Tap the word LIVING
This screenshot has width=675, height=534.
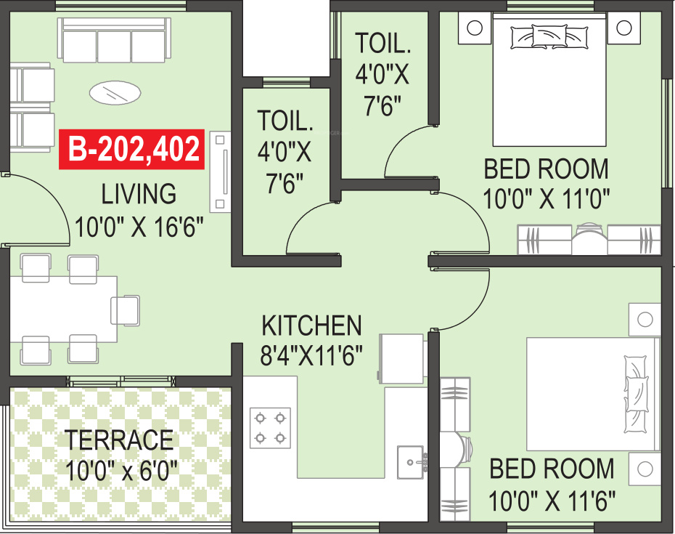coord(139,194)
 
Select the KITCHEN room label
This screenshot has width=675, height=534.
coord(311,325)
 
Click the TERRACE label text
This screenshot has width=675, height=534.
coord(120,440)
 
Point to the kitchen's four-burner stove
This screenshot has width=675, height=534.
coord(270,428)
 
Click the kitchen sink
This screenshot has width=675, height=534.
coord(411,460)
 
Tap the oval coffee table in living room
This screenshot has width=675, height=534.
coord(115,92)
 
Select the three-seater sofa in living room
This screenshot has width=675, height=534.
coord(115,41)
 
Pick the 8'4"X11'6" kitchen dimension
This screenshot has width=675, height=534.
coord(311,357)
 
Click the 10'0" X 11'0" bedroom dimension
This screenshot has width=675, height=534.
coord(546,198)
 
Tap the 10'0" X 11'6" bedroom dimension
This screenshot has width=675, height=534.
coord(552,500)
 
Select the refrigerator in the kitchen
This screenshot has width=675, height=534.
coord(401,359)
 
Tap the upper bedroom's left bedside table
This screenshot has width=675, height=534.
coord(474,29)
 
